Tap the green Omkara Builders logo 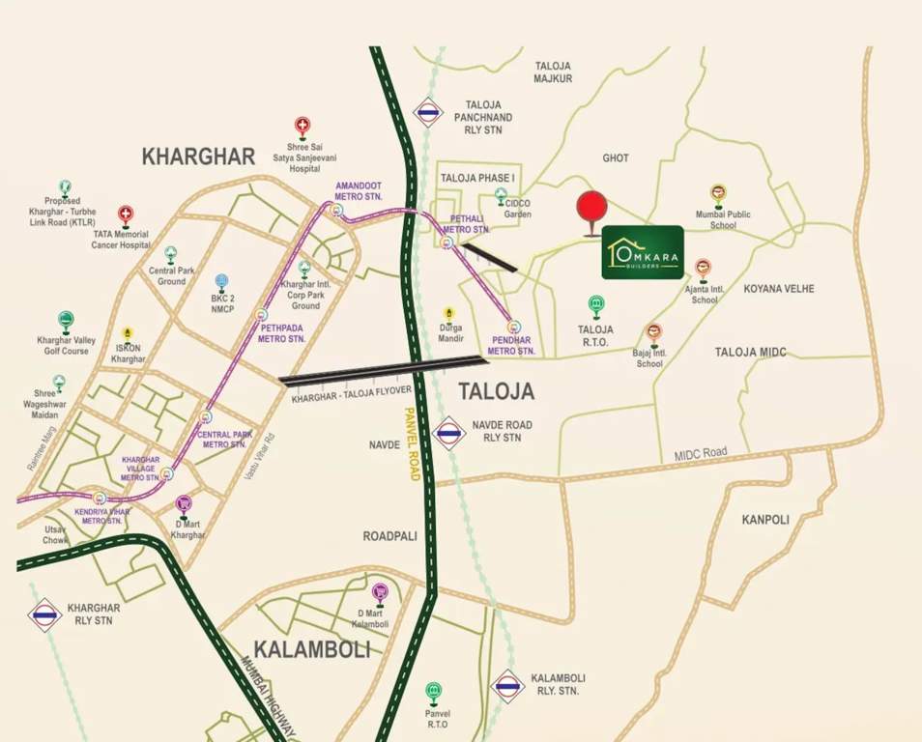click(643, 252)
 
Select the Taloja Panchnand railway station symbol click(427, 112)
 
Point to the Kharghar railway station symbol click(44, 614)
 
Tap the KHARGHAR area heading click(198, 157)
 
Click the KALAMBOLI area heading click(312, 649)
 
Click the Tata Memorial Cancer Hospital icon click(126, 214)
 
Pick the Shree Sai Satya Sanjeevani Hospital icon click(303, 126)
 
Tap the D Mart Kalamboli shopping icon click(380, 590)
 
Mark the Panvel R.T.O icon click(434, 692)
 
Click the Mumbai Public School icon click(718, 193)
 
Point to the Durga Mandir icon click(448, 314)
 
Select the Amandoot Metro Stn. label click(360, 189)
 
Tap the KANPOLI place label click(765, 519)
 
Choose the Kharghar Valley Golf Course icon click(65, 319)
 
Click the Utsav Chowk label click(56, 535)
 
